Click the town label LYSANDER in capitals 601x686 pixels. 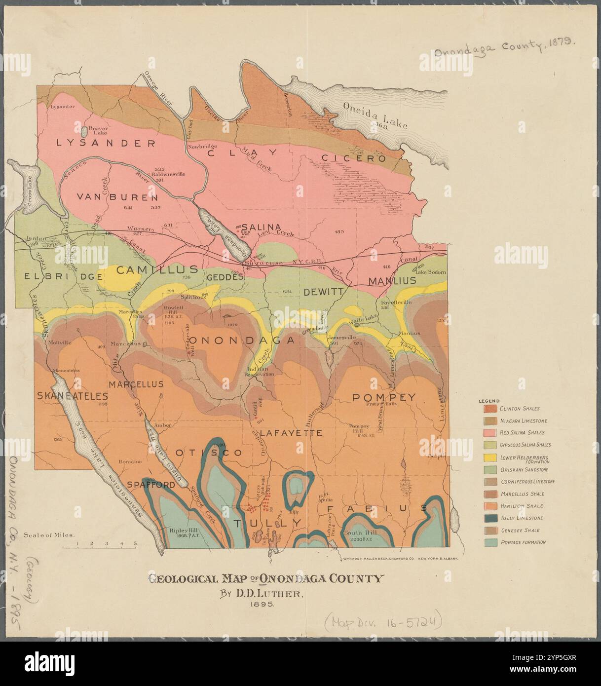[106, 143]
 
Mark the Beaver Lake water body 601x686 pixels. [85, 132]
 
